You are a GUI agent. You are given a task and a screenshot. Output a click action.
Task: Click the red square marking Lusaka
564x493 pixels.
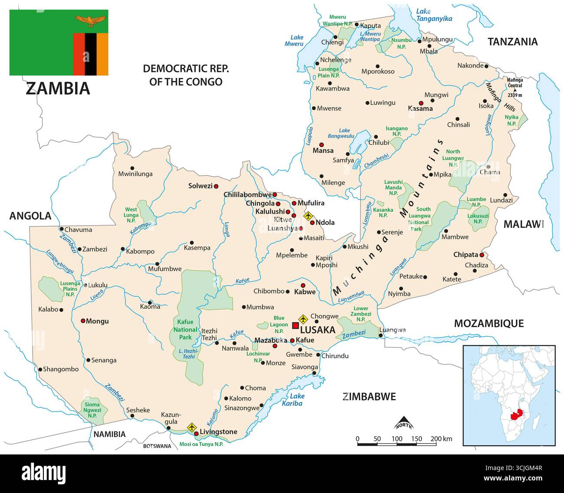click(295, 325)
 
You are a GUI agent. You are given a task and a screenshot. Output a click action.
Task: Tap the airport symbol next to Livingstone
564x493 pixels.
click(191, 428)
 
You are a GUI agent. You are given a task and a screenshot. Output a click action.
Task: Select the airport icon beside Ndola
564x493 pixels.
click(308, 216)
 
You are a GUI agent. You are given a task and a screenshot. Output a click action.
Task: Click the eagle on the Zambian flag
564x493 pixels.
click(90, 19)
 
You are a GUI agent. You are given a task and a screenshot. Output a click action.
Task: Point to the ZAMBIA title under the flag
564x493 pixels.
click(58, 88)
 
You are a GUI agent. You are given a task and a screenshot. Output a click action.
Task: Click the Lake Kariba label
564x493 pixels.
click(297, 399)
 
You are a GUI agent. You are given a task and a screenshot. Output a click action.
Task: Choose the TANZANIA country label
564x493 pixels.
click(512, 42)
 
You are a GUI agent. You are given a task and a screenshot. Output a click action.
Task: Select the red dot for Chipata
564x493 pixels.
click(482, 255)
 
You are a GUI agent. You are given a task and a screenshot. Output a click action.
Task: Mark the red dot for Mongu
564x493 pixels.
click(83, 321)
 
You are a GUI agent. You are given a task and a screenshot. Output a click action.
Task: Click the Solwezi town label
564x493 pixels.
click(200, 186)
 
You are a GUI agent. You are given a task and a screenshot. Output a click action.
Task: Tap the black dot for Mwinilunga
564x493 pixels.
click(132, 168)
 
